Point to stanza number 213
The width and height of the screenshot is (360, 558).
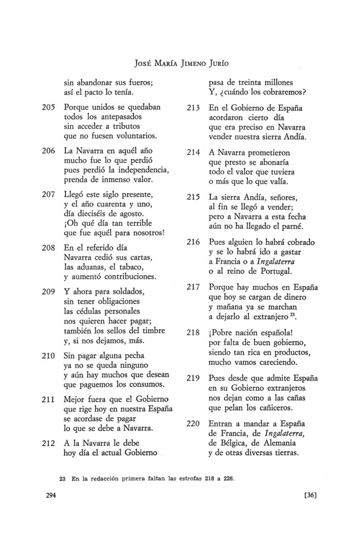pyautogui.click(x=193, y=107)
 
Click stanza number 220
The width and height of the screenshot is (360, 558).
pyautogui.click(x=193, y=424)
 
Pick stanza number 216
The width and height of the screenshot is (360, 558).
pyautogui.click(x=193, y=242)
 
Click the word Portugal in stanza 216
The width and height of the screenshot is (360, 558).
pyautogui.click(x=276, y=271)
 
